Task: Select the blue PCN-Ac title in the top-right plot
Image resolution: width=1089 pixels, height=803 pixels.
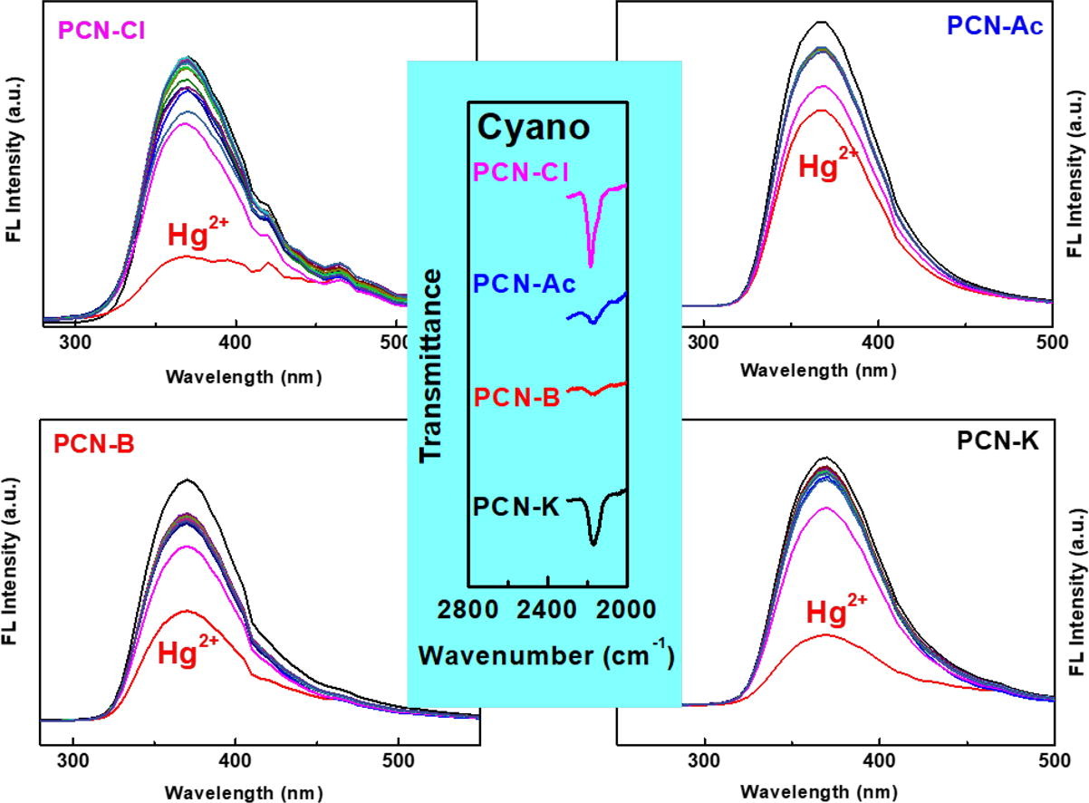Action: click(995, 26)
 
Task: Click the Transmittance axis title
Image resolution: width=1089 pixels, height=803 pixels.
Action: click(435, 377)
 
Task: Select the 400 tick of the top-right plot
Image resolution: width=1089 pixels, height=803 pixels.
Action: click(877, 343)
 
